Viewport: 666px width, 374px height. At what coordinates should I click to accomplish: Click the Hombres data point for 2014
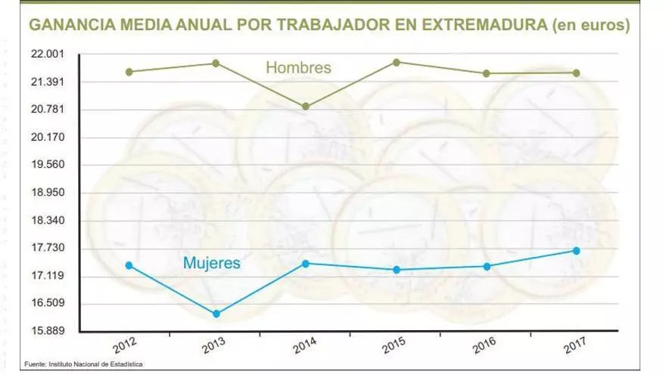tap(306, 107)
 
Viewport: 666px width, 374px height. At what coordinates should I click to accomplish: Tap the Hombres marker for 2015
tap(397, 62)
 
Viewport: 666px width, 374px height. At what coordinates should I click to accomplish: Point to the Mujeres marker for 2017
tap(576, 251)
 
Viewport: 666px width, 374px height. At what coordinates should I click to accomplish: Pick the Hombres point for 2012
tap(129, 72)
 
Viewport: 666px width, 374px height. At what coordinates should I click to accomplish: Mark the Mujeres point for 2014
tap(306, 263)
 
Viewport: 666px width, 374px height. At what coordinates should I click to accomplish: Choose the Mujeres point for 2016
tap(487, 266)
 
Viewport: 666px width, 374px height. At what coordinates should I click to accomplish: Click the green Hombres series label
tap(299, 68)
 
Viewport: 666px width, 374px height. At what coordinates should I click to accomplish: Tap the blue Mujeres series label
tap(212, 264)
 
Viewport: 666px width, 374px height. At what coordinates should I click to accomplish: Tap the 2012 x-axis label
tap(126, 347)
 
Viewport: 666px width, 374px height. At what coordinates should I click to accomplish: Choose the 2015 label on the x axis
tap(395, 347)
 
